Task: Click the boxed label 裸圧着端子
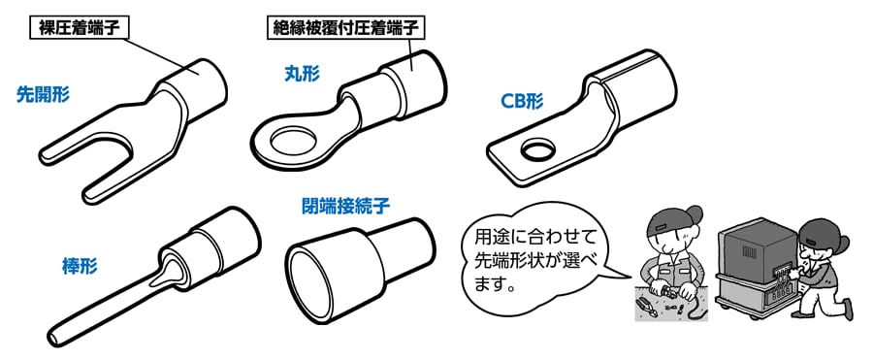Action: (x=79, y=28)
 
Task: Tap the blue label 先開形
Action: (x=43, y=95)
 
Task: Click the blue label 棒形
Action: (x=80, y=267)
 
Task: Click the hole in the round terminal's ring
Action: (x=292, y=145)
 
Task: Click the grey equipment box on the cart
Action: (x=759, y=250)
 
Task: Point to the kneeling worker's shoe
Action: (x=846, y=309)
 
